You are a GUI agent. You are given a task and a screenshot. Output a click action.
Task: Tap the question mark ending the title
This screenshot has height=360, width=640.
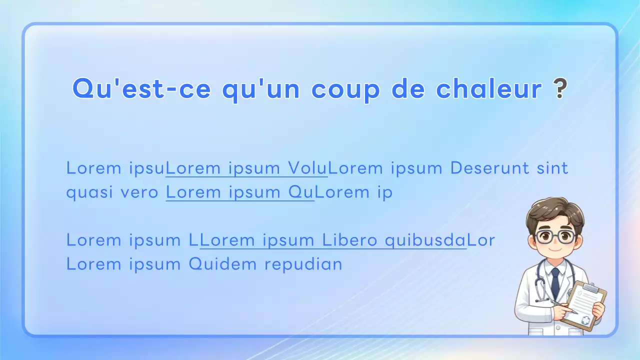coord(561,89)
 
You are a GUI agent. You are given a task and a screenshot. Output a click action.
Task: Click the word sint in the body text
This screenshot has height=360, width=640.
coord(552,168)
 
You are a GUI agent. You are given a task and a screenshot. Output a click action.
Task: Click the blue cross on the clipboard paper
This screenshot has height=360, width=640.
coord(585,320)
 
